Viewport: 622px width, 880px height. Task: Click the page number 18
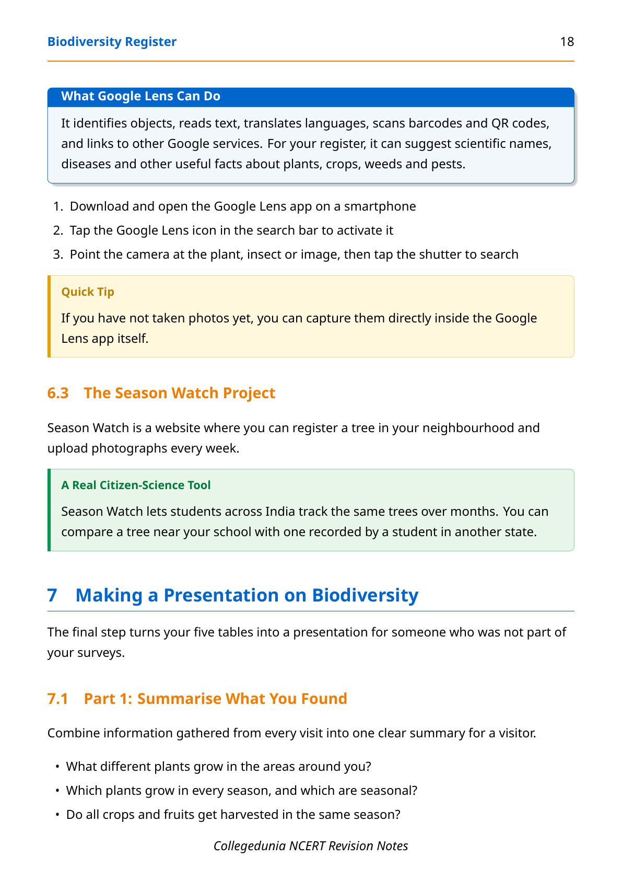point(567,42)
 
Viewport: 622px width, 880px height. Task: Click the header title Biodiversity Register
point(112,42)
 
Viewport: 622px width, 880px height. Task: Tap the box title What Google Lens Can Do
point(140,96)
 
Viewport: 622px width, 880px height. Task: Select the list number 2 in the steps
point(58,230)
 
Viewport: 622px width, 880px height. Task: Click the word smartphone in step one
point(380,206)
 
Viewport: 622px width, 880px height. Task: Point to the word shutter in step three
point(440,254)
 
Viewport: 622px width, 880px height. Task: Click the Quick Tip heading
point(88,292)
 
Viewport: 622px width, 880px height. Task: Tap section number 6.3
point(58,393)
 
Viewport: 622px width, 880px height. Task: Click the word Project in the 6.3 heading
point(249,393)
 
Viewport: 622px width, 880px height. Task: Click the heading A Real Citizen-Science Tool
point(136,485)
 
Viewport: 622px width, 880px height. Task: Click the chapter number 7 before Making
point(52,596)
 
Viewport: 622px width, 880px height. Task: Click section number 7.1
point(58,699)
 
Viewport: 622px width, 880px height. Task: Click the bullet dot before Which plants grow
point(57,791)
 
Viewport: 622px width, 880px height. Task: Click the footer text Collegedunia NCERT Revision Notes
point(311,846)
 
